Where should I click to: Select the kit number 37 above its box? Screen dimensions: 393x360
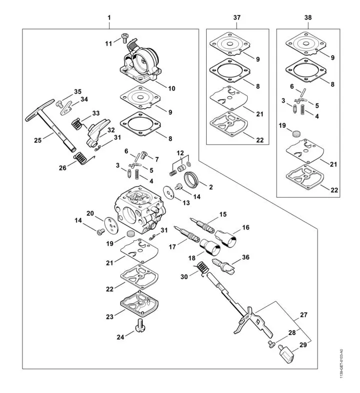click(237, 18)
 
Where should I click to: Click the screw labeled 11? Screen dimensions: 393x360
click(124, 37)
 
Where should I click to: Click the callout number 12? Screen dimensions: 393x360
click(180, 152)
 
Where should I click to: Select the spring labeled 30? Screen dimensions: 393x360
click(202, 269)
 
